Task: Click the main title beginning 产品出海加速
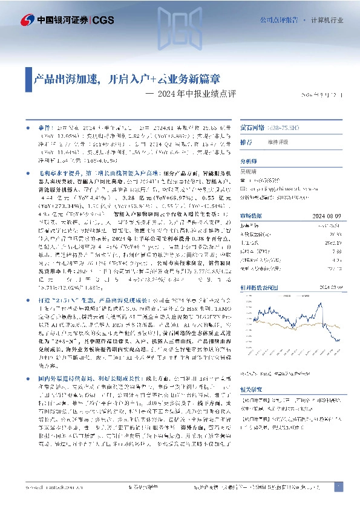[126, 79]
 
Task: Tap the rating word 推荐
[246, 142]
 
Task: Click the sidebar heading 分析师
[249, 161]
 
